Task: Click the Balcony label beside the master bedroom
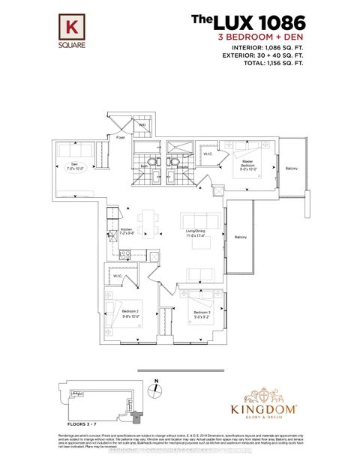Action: (x=291, y=168)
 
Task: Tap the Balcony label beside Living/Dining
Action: (x=240, y=237)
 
